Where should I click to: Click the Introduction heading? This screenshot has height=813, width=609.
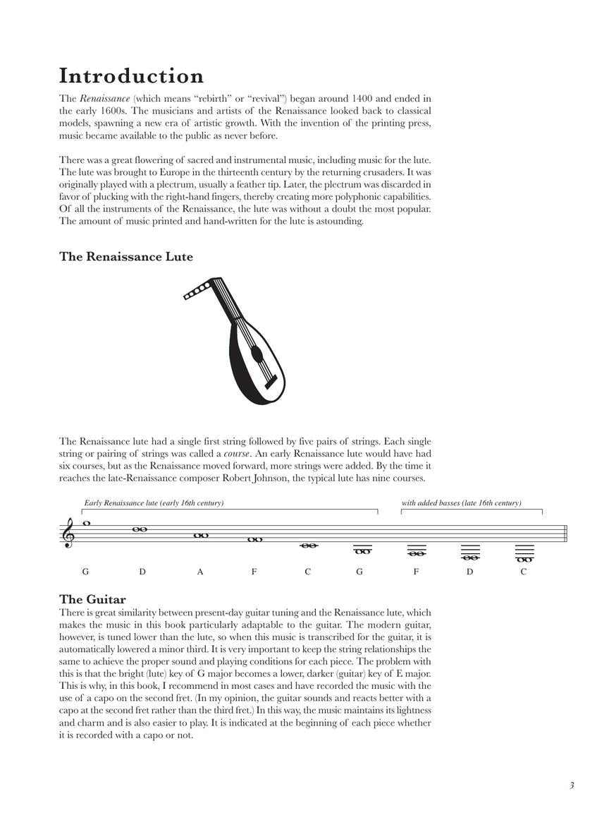[x=132, y=76]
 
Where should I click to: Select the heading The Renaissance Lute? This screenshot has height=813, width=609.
[x=126, y=257]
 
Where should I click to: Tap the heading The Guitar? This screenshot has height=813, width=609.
[x=92, y=600]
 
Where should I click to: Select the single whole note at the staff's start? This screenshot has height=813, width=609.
[x=87, y=524]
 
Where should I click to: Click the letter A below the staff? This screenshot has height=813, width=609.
[x=200, y=572]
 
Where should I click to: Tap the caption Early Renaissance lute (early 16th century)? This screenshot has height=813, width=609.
[x=154, y=503]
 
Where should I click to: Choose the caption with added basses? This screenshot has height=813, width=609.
[x=461, y=503]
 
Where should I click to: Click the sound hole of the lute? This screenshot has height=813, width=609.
[x=257, y=354]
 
